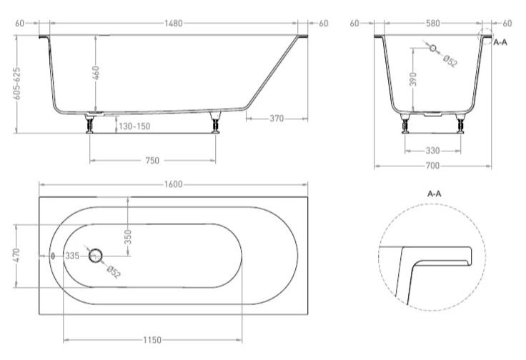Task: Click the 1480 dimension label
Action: pyautogui.click(x=174, y=24)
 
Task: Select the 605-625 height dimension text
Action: pyautogui.click(x=16, y=84)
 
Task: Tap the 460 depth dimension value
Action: pyautogui.click(x=96, y=73)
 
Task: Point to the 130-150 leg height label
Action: pyautogui.click(x=134, y=126)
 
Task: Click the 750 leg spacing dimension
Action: pyautogui.click(x=152, y=161)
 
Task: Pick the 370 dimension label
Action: pyautogui.click(x=277, y=119)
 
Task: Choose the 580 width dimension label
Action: pyautogui.click(x=433, y=23)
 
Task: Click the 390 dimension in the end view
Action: pyautogui.click(x=413, y=79)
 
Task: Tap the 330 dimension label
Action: pyautogui.click(x=433, y=151)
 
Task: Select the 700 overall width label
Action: pyautogui.click(x=433, y=166)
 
